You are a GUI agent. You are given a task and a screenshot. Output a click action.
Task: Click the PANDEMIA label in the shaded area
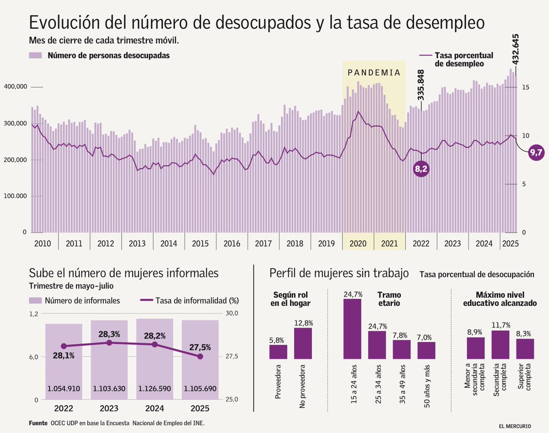(x=374, y=73)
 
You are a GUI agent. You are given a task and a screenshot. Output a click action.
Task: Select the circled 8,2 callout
(x=421, y=169)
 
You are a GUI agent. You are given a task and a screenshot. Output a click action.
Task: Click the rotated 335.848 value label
(x=420, y=85)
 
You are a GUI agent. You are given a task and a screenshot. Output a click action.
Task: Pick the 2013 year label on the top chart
(x=137, y=243)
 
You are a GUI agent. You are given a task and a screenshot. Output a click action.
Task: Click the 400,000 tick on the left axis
(x=16, y=87)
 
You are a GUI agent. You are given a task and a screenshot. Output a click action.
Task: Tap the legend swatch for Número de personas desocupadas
(x=36, y=55)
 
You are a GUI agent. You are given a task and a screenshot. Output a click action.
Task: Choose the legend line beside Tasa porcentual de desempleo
(x=425, y=55)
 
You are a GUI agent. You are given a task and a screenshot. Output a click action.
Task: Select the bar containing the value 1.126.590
(x=154, y=359)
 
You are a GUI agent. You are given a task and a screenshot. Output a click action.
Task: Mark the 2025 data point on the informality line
(x=200, y=356)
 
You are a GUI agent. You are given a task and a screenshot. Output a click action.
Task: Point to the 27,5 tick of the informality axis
(x=232, y=357)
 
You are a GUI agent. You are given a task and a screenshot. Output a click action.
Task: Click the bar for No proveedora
(x=303, y=343)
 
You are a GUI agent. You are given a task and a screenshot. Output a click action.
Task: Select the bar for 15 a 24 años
(x=352, y=329)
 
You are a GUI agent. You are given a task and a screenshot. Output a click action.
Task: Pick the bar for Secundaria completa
(x=501, y=344)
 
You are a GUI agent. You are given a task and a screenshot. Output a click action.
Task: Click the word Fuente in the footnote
(x=38, y=423)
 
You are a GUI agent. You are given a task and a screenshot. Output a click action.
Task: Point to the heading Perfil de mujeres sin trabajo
(x=339, y=273)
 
